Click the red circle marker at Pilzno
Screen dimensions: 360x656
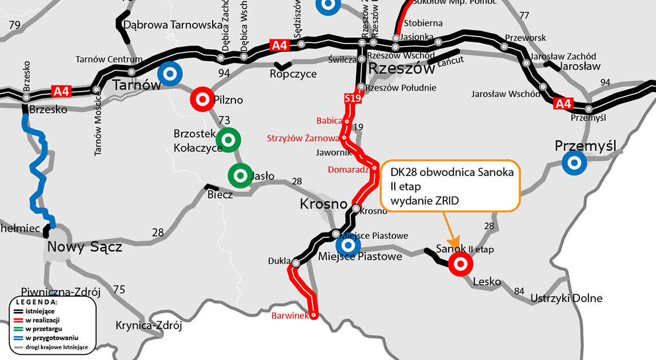[202, 98]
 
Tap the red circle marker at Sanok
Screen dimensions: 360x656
[459, 265]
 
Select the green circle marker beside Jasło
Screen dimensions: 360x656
[239, 176]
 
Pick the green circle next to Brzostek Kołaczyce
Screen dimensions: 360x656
[229, 139]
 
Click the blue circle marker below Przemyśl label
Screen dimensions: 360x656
[573, 163]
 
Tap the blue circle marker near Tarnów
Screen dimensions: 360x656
[169, 74]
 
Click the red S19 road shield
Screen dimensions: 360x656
[353, 99]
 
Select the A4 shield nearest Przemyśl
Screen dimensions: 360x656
[563, 103]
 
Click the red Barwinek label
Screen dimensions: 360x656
[290, 315]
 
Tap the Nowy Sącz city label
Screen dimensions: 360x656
[85, 247]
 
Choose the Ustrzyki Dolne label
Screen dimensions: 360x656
[566, 298]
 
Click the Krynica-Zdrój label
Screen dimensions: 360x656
[148, 326]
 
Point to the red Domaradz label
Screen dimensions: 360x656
[348, 170]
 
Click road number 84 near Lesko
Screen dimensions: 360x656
[519, 291]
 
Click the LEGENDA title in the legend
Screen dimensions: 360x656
[36, 301]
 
